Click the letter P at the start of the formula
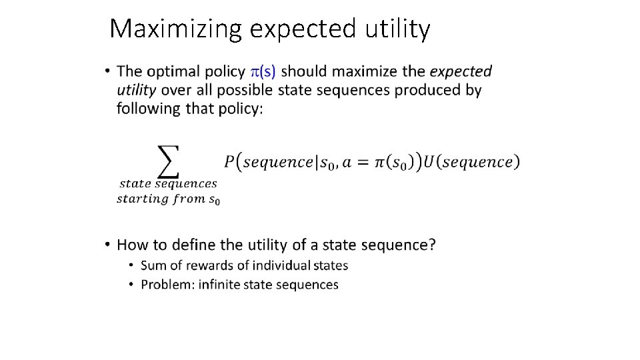(229, 162)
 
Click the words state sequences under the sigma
(168, 183)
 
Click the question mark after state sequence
(433, 245)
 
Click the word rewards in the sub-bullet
(205, 265)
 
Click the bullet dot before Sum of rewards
(132, 266)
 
